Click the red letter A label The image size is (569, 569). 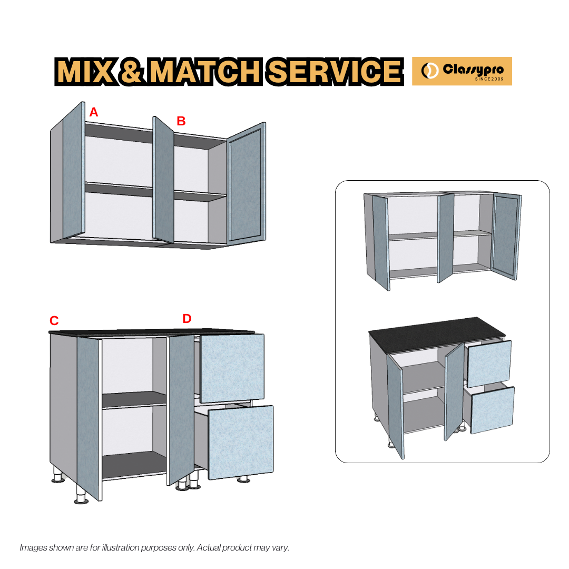coord(94,112)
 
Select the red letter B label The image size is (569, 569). coord(181,121)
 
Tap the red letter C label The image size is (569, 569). coord(54,321)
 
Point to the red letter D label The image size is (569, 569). coord(187,319)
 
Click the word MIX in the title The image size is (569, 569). coord(85,72)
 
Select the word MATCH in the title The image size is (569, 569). coord(200,72)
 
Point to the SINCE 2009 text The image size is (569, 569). coord(489,79)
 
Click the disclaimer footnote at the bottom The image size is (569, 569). coord(154,547)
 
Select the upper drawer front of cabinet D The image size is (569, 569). coord(232,367)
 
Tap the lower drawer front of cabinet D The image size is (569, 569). coord(241,443)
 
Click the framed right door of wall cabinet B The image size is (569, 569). coord(246,184)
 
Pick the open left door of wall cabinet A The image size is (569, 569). coord(74,171)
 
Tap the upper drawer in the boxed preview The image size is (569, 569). coord(489,363)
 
